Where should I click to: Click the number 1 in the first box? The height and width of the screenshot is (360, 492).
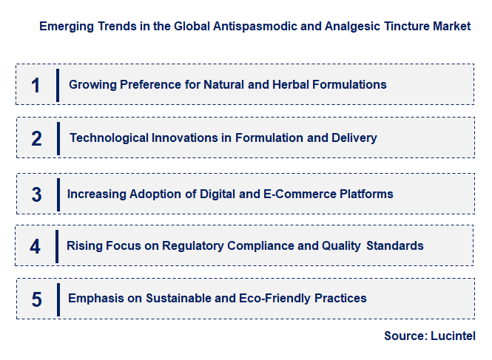(x=35, y=85)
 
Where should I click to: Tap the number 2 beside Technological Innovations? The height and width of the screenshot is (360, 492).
(x=36, y=138)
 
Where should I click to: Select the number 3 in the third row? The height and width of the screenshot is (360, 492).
(x=36, y=194)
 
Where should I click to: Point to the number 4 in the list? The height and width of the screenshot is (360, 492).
(x=35, y=246)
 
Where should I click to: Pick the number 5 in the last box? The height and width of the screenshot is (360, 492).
(x=36, y=299)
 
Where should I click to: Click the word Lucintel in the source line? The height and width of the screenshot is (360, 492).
(x=453, y=336)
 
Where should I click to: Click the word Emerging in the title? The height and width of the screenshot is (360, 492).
(x=65, y=26)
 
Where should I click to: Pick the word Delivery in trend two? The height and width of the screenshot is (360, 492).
(x=354, y=137)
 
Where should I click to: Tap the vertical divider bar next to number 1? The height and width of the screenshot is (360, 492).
(x=57, y=85)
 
